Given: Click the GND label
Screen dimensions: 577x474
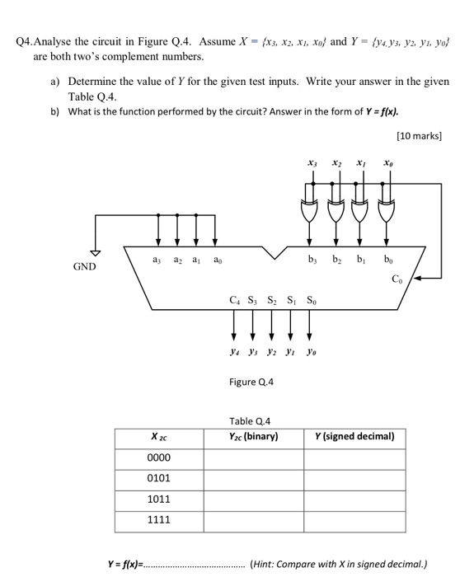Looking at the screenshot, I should [x=85, y=266].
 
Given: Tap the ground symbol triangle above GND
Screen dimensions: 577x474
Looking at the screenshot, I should [x=96, y=252].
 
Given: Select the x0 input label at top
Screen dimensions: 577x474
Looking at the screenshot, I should [x=387, y=164].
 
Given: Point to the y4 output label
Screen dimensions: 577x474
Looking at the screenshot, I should [x=235, y=350].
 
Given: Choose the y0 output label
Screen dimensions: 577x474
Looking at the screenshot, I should [x=310, y=350].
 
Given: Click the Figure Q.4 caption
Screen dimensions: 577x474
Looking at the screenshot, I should [x=251, y=382].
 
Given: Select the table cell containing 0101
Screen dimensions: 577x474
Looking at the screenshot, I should [x=158, y=478].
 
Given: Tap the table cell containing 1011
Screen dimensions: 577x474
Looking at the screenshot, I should [x=158, y=500].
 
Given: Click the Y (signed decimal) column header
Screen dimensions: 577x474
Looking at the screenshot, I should [x=355, y=436].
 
